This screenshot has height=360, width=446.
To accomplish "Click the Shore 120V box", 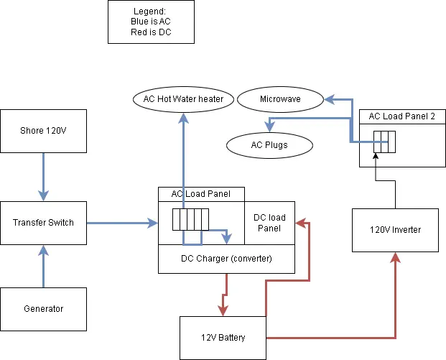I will (43, 131).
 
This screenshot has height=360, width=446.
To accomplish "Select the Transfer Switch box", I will (43, 223).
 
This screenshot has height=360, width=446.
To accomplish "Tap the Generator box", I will (43, 309).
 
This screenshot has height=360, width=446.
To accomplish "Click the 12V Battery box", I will (222, 337).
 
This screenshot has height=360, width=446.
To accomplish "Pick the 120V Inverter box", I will (395, 230).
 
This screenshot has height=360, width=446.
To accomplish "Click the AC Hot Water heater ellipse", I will (183, 98).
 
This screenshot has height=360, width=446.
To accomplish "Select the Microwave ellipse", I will (280, 98).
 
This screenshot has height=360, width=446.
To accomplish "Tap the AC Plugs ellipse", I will (269, 145).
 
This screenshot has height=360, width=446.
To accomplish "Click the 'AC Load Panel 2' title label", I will (402, 116).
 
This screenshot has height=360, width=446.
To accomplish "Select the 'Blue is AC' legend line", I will (152, 22).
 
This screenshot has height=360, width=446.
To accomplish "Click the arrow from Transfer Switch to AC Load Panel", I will (122, 223).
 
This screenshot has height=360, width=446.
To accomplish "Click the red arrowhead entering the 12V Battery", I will (224, 310).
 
